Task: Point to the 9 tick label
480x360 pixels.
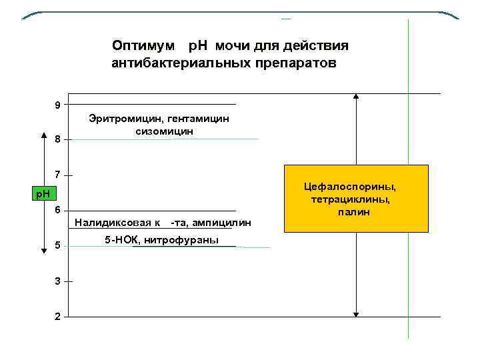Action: point(58,105)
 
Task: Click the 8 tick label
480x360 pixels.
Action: point(58,140)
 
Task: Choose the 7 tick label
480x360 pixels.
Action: point(58,175)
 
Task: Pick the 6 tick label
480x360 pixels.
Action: point(58,210)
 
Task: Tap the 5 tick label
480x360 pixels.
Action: point(58,246)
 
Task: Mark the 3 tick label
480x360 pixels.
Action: point(58,281)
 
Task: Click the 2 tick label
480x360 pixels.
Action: point(58,317)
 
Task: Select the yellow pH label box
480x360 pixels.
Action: point(45,194)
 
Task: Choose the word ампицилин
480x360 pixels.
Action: point(223,223)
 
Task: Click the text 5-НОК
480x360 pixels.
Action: point(119,240)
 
